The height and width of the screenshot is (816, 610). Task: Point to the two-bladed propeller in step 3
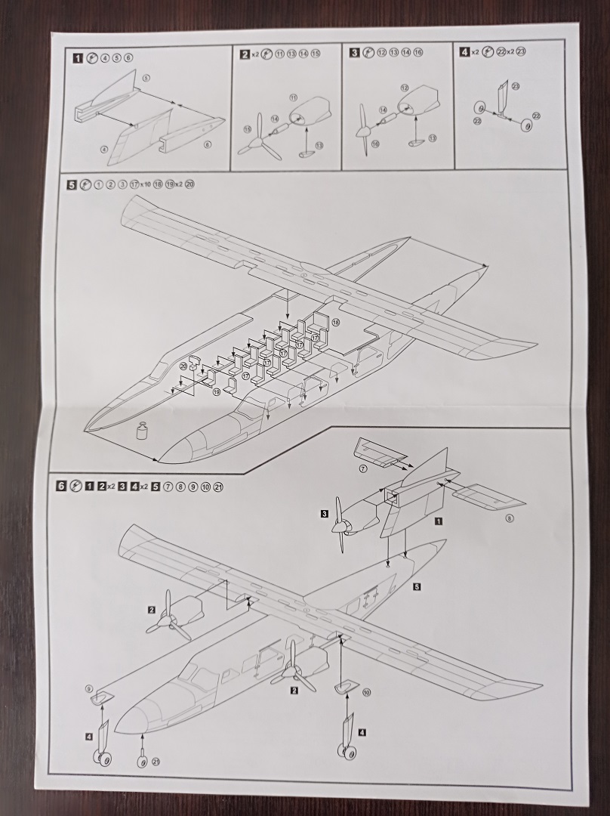(364, 131)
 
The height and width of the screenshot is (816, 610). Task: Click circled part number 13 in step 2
(319, 145)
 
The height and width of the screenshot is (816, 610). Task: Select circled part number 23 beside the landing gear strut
(516, 87)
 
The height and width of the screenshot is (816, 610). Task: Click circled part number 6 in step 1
(208, 144)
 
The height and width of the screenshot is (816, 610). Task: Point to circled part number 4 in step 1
(104, 150)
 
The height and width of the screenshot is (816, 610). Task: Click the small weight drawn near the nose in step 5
(140, 431)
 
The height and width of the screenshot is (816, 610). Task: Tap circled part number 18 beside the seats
(335, 323)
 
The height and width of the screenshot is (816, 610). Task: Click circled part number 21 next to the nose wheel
(156, 762)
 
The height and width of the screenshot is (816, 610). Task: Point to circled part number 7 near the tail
(362, 469)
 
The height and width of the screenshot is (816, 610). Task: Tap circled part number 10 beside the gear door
(367, 692)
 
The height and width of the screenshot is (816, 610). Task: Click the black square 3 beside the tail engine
(324, 515)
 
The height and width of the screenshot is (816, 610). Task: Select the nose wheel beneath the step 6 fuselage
(142, 760)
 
